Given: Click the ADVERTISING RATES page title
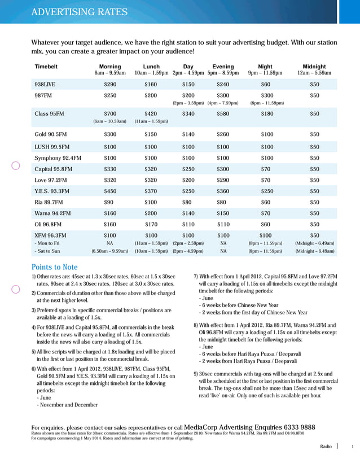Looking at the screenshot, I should coord(79,12).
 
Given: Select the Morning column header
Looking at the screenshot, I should coord(110,67).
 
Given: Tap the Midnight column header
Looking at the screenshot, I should coord(314,67).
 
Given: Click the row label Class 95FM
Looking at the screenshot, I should coord(50,113).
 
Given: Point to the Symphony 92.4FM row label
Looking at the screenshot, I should coord(58,158).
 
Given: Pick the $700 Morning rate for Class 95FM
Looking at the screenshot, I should coord(110,113).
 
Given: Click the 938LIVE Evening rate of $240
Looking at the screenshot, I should coord(223,85).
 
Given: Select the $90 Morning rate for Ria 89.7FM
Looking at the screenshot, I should coord(110,202).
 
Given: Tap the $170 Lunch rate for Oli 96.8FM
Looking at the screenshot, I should coord(151,224).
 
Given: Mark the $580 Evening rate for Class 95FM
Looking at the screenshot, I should coord(223,113).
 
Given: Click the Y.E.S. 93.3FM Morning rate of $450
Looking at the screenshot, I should coord(110,191).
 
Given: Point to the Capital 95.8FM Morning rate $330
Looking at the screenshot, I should coord(110,169).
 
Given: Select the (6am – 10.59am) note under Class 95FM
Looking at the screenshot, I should coord(110,121).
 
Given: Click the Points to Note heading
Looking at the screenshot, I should coord(54,266).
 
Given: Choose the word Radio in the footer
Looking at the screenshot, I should coord(326,446).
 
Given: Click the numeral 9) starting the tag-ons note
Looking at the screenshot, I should coord(196,373).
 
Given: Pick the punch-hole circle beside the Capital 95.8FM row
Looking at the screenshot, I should coord(16,165).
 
